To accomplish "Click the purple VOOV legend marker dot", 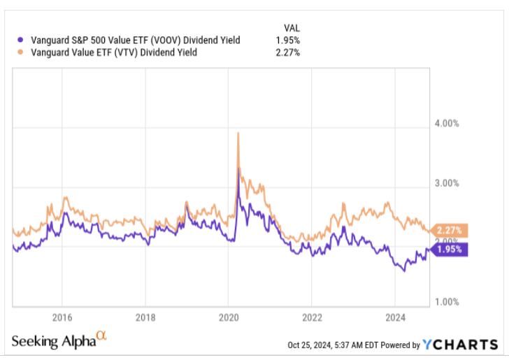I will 20,40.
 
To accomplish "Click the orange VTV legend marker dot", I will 20,52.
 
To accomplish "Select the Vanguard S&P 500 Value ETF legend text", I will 133,40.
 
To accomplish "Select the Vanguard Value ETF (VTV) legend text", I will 111,52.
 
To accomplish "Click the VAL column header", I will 290,28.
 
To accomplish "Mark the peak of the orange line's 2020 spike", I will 239,133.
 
